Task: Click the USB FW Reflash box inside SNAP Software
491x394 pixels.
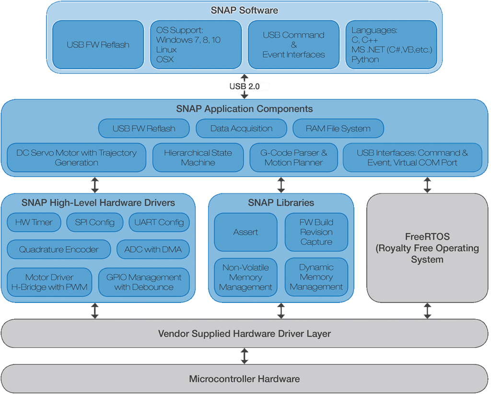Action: pos(98,45)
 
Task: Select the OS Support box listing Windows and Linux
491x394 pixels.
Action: pos(196,45)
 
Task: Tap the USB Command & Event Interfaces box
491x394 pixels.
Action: pos(293,45)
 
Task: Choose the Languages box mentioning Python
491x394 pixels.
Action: pos(391,45)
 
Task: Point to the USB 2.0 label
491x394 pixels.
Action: pos(245,86)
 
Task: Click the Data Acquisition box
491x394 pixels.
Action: pos(241,129)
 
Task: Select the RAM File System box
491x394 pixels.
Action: pos(338,129)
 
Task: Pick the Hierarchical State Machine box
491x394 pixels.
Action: pos(198,157)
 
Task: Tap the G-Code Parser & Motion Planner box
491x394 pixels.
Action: pos(294,157)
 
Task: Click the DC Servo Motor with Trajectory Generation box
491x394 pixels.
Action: pos(77,157)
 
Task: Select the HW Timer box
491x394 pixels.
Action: pos(34,222)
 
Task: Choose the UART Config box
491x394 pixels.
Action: pos(159,222)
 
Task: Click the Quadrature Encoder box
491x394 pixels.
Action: pos(59,250)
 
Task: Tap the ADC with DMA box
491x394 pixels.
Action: pos(153,250)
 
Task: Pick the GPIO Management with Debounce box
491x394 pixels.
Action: pos(144,282)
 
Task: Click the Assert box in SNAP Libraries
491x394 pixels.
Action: pos(245,232)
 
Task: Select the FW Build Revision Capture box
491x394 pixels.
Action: pos(316,232)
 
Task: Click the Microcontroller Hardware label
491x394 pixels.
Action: pos(245,379)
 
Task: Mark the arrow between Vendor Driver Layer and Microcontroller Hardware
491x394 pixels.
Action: pos(245,356)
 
